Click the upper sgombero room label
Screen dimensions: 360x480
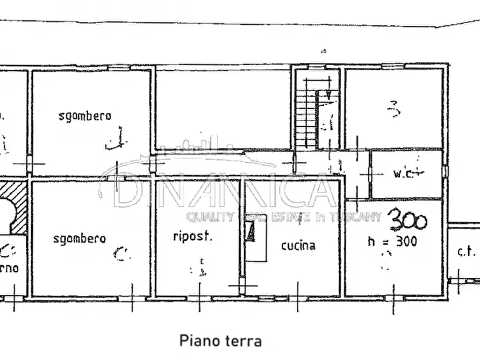point(85,116)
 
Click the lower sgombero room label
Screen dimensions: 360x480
point(80,239)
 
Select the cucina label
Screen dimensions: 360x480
point(298,246)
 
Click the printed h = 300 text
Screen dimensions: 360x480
point(392,242)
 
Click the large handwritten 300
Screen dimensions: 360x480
point(408,220)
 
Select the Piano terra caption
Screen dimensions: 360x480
point(220,340)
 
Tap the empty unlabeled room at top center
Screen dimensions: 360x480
point(223,107)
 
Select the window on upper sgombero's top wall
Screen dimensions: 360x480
point(119,68)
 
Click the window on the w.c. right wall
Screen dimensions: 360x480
point(445,170)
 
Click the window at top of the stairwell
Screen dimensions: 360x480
point(316,67)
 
